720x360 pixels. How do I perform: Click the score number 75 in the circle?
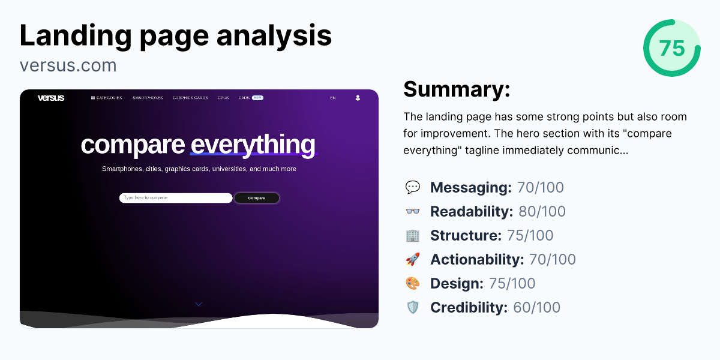pos(672,48)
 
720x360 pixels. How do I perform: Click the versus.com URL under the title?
pos(68,65)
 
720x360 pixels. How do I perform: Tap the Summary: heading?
pos(457,89)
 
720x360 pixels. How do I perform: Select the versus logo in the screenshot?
pos(51,98)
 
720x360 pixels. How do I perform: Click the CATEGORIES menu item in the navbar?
pos(107,98)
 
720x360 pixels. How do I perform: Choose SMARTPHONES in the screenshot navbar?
pos(148,98)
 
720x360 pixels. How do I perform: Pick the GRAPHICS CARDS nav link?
pos(190,98)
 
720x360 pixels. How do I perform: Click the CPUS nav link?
pos(223,98)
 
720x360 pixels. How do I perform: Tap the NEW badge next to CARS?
pos(257,98)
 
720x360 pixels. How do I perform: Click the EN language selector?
pos(333,98)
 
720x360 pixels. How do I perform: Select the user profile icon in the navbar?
pos(358,98)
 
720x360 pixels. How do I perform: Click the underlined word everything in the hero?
pos(253,145)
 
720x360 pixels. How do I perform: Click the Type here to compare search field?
pos(175,198)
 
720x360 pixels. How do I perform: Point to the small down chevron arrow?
pos(199,304)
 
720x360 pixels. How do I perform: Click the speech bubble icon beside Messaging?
pos(413,188)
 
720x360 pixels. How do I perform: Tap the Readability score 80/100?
pos(542,212)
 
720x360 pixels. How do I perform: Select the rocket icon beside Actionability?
pos(413,260)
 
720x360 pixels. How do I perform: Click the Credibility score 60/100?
pos(536,308)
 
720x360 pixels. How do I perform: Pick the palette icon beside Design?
pos(413,284)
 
